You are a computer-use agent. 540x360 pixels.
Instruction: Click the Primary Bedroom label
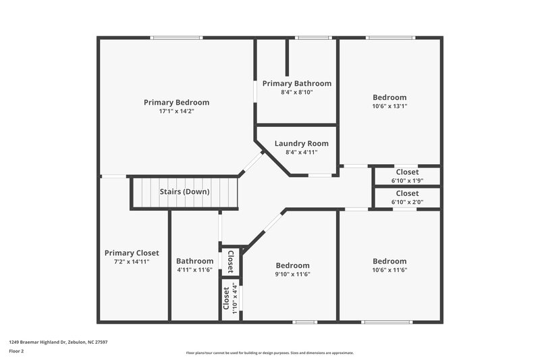(176, 102)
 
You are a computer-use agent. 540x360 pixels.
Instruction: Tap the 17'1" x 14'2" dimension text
(176, 111)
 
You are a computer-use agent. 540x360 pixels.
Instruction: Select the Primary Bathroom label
(297, 83)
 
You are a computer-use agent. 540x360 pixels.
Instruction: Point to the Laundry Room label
(302, 143)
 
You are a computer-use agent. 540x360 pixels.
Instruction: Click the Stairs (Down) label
(184, 191)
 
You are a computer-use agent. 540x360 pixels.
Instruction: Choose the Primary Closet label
(132, 253)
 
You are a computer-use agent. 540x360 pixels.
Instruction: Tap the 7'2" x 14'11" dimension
(132, 261)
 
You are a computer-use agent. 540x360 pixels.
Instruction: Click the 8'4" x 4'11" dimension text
(302, 152)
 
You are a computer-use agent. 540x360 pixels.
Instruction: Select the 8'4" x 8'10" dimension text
(297, 92)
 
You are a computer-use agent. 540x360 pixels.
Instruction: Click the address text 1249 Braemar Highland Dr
(58, 342)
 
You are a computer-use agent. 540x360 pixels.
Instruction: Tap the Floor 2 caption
(16, 351)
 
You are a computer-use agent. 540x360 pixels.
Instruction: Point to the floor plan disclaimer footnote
(269, 353)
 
